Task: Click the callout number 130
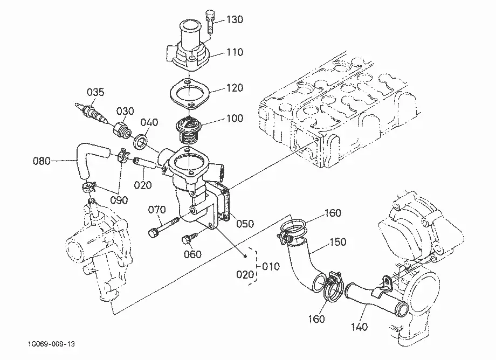point(235,19)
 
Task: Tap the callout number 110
point(235,52)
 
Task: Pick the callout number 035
point(95,92)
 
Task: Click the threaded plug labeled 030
point(122,130)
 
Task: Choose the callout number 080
point(42,161)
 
